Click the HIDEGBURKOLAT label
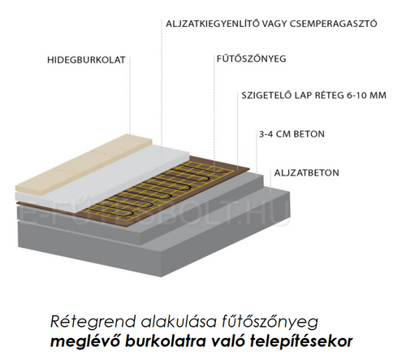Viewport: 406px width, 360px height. click(86, 60)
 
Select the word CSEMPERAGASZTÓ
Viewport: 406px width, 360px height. click(334, 24)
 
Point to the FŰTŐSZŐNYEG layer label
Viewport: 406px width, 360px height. click(251, 59)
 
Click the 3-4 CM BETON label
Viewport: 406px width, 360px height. click(292, 134)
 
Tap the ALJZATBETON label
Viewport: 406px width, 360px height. click(306, 173)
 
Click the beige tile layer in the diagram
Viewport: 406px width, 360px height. click(81, 165)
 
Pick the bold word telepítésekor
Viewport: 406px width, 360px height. click(301, 341)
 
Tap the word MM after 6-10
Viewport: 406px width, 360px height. click(378, 95)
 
